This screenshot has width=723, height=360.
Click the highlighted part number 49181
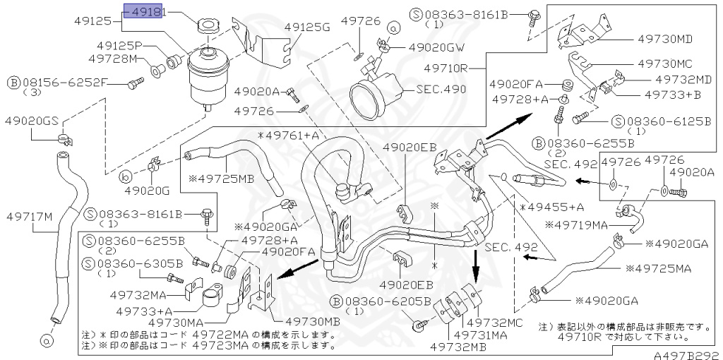(143, 12)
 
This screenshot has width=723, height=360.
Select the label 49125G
(307, 28)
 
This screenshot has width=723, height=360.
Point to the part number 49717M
(30, 216)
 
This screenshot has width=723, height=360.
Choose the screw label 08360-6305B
(140, 264)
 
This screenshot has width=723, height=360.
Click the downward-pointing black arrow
(475, 262)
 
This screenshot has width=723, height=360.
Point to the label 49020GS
(31, 121)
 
